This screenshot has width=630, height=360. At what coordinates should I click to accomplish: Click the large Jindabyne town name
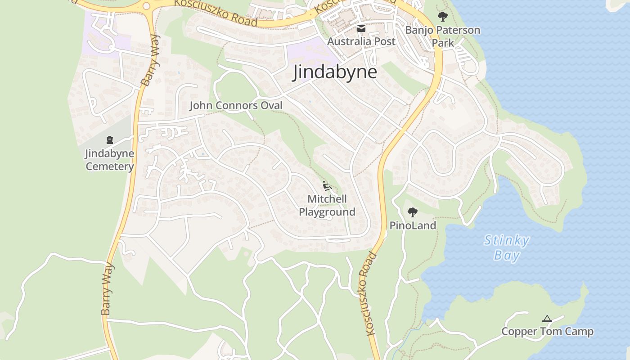point(335,72)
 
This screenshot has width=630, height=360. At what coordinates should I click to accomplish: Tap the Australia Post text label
point(361,41)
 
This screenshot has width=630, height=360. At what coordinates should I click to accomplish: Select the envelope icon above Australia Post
point(361,29)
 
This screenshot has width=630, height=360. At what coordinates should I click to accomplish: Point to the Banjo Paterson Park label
point(443,36)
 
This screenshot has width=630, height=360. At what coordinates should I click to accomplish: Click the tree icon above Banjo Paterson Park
point(443,17)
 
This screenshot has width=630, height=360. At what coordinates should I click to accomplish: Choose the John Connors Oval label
point(236,105)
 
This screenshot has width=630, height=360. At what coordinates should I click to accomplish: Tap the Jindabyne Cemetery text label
point(110,160)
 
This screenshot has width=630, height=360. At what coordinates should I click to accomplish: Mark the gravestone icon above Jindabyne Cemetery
point(110,140)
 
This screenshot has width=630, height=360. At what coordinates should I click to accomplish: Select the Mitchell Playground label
point(327,205)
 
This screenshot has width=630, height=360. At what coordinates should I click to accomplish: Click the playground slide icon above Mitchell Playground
point(327,185)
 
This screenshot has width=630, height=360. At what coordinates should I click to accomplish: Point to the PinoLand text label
point(413,225)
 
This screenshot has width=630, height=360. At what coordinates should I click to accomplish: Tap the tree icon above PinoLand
point(412,212)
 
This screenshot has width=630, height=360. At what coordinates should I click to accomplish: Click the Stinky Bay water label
point(507,247)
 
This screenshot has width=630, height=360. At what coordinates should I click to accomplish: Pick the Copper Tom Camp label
point(547,332)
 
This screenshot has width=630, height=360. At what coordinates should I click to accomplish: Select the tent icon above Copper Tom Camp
point(547,319)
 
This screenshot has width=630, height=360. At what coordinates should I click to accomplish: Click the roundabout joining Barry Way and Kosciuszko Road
point(146,6)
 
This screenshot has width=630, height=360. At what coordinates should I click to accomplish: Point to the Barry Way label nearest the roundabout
point(150,60)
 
